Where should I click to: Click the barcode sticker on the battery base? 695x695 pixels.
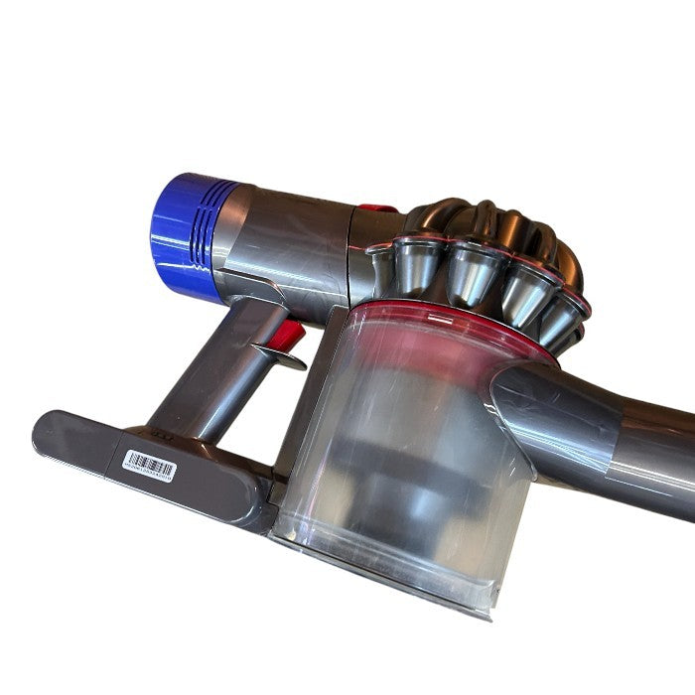(149, 464)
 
